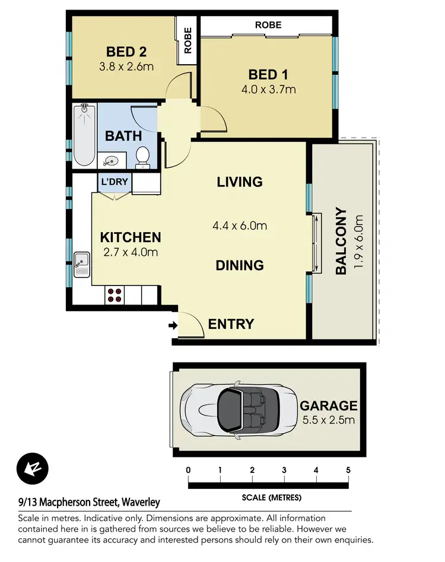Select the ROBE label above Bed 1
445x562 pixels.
click(268, 25)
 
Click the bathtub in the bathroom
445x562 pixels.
click(84, 135)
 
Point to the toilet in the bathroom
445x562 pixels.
click(142, 157)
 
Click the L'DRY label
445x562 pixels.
click(114, 182)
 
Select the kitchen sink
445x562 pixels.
click(81, 264)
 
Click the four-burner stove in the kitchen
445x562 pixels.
click(114, 295)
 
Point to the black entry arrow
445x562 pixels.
click(172, 325)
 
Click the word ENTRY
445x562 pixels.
click(231, 324)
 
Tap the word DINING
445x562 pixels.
click(240, 265)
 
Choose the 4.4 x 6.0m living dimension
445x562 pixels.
click(240, 226)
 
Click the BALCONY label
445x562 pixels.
click(341, 240)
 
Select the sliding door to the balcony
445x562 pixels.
click(316, 243)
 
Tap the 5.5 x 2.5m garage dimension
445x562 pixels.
click(328, 420)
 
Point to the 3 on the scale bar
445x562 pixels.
click(284, 470)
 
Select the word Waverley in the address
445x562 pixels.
click(141, 502)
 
